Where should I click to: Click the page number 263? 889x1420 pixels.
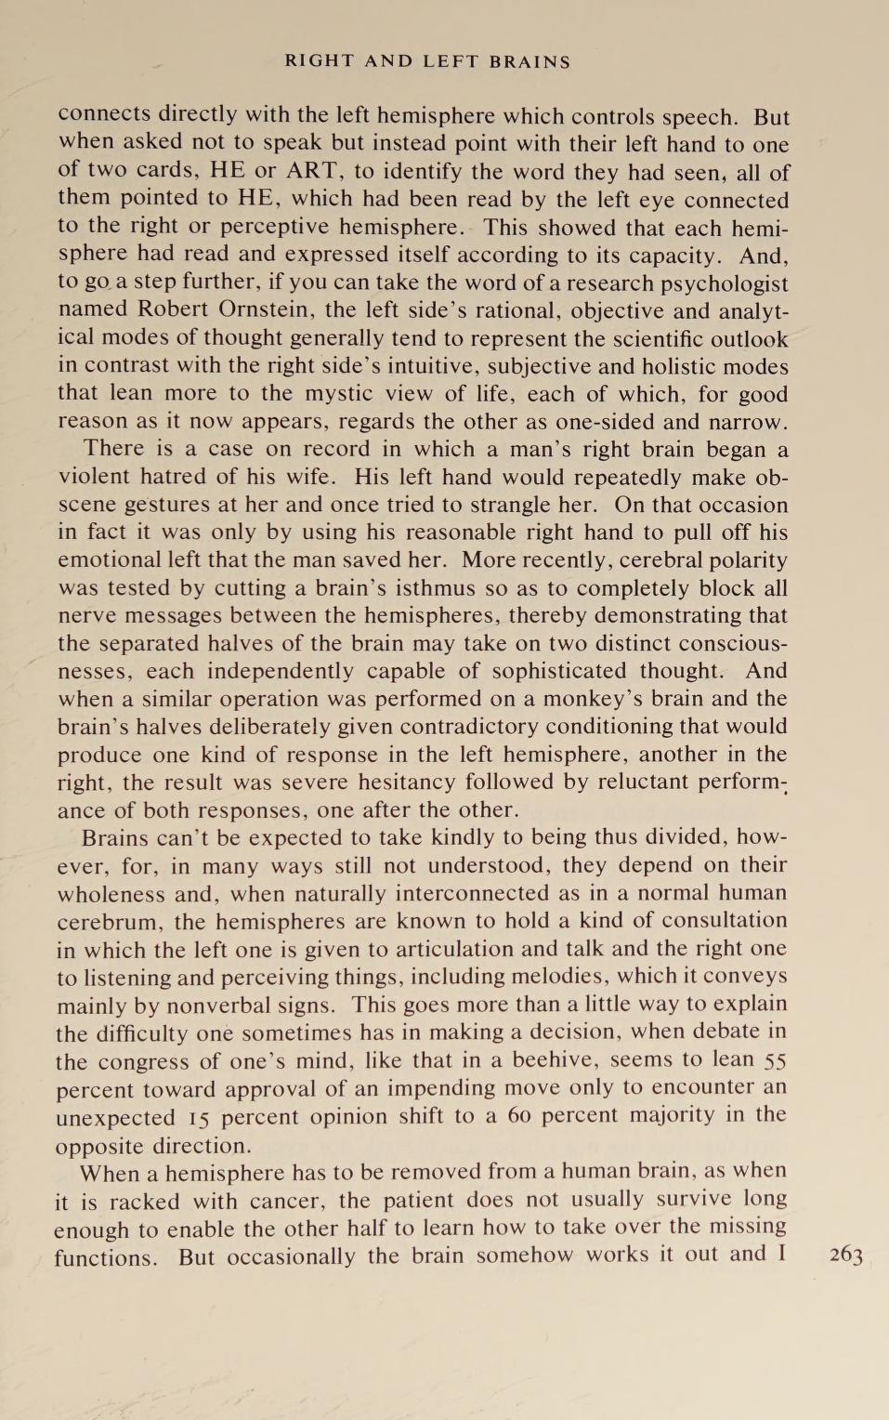[845, 1255]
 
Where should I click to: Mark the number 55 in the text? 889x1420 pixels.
[775, 1060]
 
